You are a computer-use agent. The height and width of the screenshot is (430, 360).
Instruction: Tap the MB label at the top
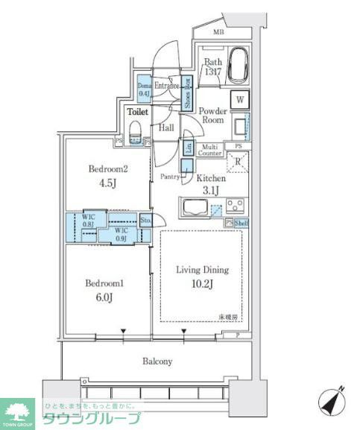click(x=218, y=31)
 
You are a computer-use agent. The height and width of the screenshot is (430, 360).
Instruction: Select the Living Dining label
click(x=201, y=270)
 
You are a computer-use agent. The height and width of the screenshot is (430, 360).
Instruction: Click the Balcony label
click(x=157, y=361)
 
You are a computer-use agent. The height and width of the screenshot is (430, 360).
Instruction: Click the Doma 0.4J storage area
click(x=145, y=90)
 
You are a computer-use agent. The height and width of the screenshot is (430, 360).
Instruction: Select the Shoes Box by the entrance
click(x=187, y=95)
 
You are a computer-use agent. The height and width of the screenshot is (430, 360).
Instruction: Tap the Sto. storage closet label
click(x=146, y=220)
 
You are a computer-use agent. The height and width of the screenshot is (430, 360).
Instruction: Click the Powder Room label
click(x=212, y=115)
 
